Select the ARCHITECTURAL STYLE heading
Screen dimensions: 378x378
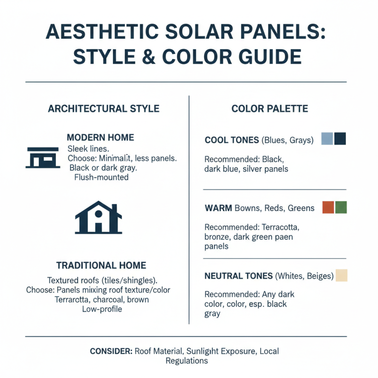[103, 109]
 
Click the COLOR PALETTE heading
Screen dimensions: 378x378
[270, 109]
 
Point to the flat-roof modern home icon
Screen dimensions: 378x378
[42, 157]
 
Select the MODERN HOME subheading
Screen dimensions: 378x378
[100, 138]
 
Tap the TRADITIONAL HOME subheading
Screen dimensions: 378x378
[101, 266]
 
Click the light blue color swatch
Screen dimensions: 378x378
[327, 138]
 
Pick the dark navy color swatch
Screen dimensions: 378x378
[340, 138]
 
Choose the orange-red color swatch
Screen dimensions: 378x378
[327, 207]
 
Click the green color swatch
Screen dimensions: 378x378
[341, 207]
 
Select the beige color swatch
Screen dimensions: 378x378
[341, 275]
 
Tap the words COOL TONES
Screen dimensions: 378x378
[231, 140]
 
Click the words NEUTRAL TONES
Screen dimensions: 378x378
[239, 276]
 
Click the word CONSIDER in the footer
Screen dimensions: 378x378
[111, 352]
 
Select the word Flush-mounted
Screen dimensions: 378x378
[102, 178]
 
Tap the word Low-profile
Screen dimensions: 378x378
[102, 309]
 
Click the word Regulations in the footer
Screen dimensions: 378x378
[187, 361]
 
